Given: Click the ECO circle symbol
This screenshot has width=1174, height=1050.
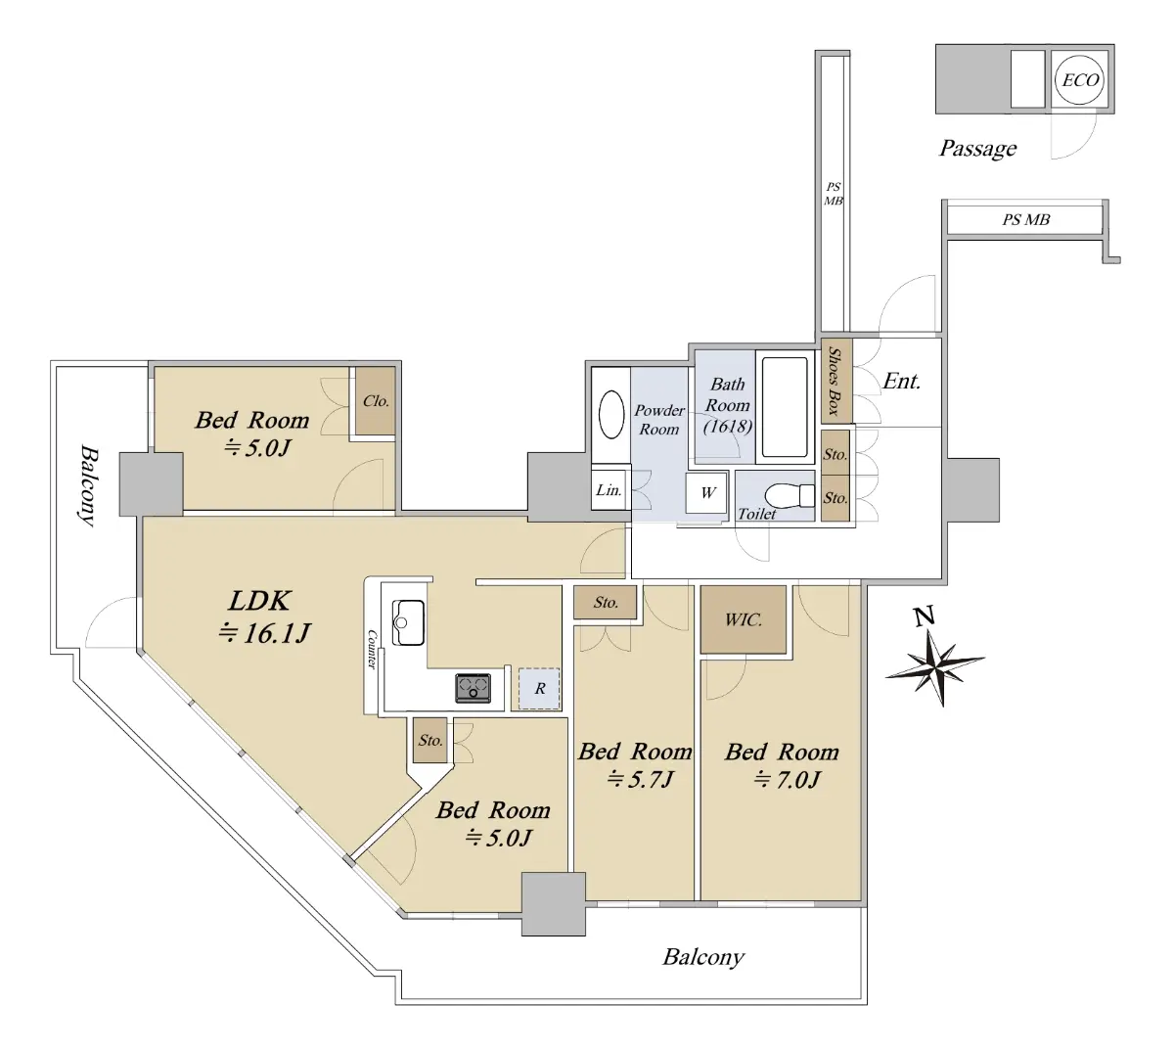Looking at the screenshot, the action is tap(1078, 79).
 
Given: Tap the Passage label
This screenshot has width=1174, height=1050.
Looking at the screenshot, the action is tap(977, 149).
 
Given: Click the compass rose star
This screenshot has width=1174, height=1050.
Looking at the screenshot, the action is tap(934, 665).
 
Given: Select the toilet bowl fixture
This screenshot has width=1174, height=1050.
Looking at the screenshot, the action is tap(790, 496).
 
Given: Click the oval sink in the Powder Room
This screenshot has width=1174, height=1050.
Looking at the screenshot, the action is tap(610, 414).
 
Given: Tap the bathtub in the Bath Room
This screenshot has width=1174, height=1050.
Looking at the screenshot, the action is tap(785, 407).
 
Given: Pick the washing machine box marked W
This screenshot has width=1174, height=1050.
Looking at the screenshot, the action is tap(705, 493).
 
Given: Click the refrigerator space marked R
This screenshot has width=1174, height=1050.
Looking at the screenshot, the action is tap(539, 689).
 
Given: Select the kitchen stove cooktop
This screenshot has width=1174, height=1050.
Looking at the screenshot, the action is tap(473, 688).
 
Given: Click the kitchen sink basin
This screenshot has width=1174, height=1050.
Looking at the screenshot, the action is tap(408, 622).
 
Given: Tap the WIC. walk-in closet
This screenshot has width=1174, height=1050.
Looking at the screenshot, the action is tap(743, 619).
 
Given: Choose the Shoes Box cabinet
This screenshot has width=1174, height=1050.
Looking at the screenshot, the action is tap(836, 381).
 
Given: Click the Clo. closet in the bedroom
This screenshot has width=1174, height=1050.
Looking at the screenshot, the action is tap(376, 400).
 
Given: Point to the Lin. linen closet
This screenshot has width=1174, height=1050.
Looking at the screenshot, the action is tap(610, 490).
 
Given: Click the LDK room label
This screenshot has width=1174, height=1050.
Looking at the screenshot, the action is tap(259, 601).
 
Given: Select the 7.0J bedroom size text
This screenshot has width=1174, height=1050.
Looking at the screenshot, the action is tap(787, 780).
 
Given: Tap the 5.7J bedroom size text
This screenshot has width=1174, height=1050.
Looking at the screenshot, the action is tap(640, 780).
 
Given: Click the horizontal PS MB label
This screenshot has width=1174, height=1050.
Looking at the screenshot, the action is tap(1025, 220).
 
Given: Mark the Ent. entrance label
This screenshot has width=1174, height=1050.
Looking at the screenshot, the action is tap(901, 381).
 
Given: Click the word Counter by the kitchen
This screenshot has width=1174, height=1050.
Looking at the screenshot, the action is tap(372, 650).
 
